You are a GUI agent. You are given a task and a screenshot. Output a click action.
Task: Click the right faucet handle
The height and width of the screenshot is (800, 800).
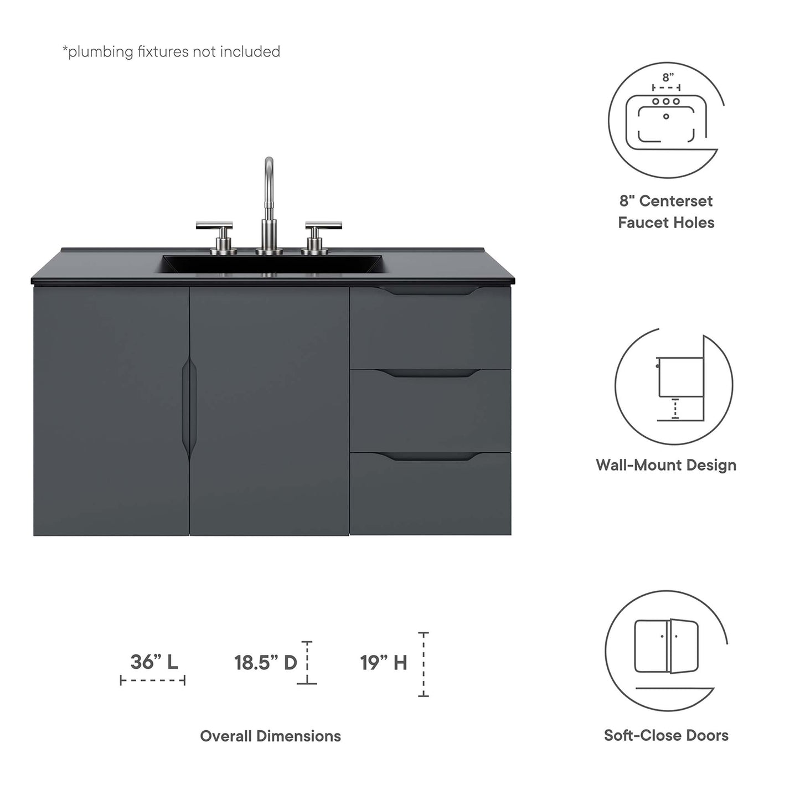point(323,226)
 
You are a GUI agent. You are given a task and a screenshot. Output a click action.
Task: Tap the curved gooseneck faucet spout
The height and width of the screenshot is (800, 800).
point(269,177)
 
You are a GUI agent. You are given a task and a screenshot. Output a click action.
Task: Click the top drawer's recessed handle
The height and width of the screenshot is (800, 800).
point(430,291)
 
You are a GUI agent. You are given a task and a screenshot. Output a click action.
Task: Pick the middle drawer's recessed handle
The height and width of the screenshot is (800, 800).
point(430,374)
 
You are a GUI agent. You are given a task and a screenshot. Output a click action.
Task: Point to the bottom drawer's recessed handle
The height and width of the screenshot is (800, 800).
point(430,457)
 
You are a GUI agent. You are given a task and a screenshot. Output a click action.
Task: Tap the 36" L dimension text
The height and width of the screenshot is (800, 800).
point(154,662)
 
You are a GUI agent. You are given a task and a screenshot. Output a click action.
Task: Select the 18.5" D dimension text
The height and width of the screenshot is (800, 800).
point(266,662)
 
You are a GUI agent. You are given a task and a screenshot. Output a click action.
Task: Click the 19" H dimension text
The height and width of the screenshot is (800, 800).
point(384,662)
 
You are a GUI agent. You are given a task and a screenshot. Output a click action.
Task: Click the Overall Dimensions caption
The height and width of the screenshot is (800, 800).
point(270,736)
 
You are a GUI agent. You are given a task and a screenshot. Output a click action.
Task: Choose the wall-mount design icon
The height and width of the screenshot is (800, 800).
point(674,384)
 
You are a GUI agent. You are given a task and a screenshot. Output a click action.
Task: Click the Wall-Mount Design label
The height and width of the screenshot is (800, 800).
point(666,464)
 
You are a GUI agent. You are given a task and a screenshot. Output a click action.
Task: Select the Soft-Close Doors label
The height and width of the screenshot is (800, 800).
point(666,735)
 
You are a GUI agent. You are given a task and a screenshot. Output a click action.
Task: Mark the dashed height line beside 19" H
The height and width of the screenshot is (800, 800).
point(424,664)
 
